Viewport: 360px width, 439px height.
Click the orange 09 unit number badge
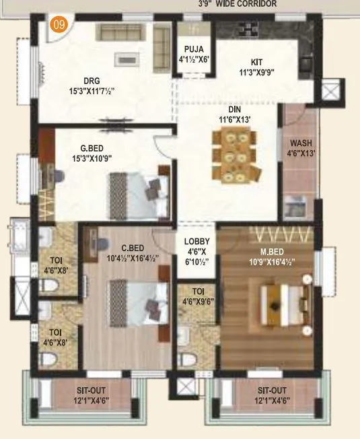click(x=60, y=28)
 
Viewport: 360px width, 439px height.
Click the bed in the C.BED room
click(x=139, y=300)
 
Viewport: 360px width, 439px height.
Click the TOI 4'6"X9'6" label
click(x=198, y=297)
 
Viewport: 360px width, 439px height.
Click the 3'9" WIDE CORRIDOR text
click(x=237, y=3)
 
